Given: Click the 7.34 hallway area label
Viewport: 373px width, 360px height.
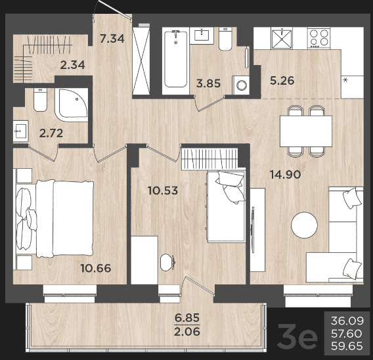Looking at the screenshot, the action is pyautogui.click(x=112, y=39).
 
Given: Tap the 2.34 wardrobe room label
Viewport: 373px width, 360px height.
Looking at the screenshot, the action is pyautogui.click(x=72, y=65).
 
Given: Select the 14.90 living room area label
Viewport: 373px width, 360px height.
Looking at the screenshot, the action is pyautogui.click(x=286, y=175).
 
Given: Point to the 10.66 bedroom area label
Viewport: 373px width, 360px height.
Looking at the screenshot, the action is pyautogui.click(x=96, y=268).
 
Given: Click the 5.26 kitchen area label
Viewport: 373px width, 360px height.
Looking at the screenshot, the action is pyautogui.click(x=282, y=81).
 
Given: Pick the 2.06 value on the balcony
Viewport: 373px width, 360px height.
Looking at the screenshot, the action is pyautogui.click(x=187, y=332).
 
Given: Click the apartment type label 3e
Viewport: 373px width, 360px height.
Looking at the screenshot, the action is pyautogui.click(x=297, y=336).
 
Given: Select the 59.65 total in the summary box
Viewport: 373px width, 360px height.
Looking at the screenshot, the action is pyautogui.click(x=347, y=346).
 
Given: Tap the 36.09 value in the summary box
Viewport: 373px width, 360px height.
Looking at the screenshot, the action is pyautogui.click(x=347, y=321).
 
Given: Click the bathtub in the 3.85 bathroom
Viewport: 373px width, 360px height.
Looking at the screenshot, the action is pyautogui.click(x=176, y=60).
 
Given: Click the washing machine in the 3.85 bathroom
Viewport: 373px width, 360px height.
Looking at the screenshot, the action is pyautogui.click(x=241, y=85).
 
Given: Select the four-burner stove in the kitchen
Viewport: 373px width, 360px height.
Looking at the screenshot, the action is pyautogui.click(x=319, y=38).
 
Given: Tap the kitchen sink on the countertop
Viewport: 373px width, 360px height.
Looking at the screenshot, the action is pyautogui.click(x=282, y=39).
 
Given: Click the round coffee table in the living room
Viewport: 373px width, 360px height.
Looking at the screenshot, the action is pyautogui.click(x=304, y=225).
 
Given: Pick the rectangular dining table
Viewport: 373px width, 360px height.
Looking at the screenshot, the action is pyautogui.click(x=306, y=131).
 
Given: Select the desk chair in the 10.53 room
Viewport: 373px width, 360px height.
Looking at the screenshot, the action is pyautogui.click(x=168, y=262).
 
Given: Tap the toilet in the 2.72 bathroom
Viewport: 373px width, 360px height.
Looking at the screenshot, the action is pyautogui.click(x=40, y=99).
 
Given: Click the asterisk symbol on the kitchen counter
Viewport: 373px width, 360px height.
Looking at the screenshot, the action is pyautogui.click(x=345, y=80).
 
